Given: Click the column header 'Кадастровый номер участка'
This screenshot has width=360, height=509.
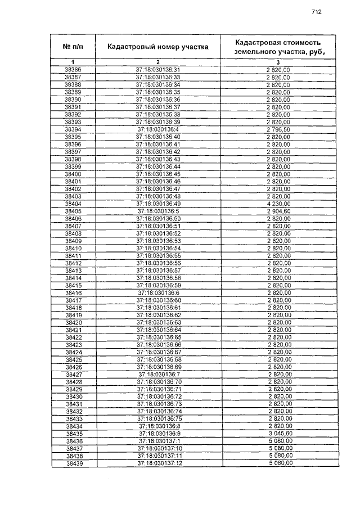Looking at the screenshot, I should tap(158, 46).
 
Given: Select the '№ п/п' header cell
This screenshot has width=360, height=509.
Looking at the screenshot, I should tap(73, 46).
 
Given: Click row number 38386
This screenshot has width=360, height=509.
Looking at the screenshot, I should tap(73, 70).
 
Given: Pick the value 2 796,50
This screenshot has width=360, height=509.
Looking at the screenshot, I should tap(278, 129).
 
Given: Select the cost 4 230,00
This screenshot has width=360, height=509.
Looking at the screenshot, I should tap(278, 204).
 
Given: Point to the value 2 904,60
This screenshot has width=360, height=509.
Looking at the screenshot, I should tap(278, 211).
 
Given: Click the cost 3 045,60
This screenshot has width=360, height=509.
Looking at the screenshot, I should tap(278, 434).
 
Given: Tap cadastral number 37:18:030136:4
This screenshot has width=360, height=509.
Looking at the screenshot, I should tap(158, 129).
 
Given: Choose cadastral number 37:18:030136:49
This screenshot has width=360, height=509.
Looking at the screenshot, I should tap(158, 204).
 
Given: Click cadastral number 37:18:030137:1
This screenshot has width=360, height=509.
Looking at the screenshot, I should tap(158, 441).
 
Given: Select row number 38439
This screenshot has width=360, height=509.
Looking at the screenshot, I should tap(73, 463).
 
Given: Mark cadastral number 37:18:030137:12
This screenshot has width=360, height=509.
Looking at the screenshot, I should tap(158, 463).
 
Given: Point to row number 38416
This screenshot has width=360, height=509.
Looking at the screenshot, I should tap(73, 292).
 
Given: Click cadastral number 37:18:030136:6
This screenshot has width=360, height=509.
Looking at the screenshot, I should tap(158, 292).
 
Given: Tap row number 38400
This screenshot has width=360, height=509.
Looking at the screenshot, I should tap(73, 174).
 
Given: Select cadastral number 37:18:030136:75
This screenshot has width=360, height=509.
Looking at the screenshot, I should tap(158, 419).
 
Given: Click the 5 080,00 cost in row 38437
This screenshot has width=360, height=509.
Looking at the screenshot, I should tap(278, 449).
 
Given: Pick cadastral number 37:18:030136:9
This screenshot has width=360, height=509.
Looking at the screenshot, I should tap(158, 434).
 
